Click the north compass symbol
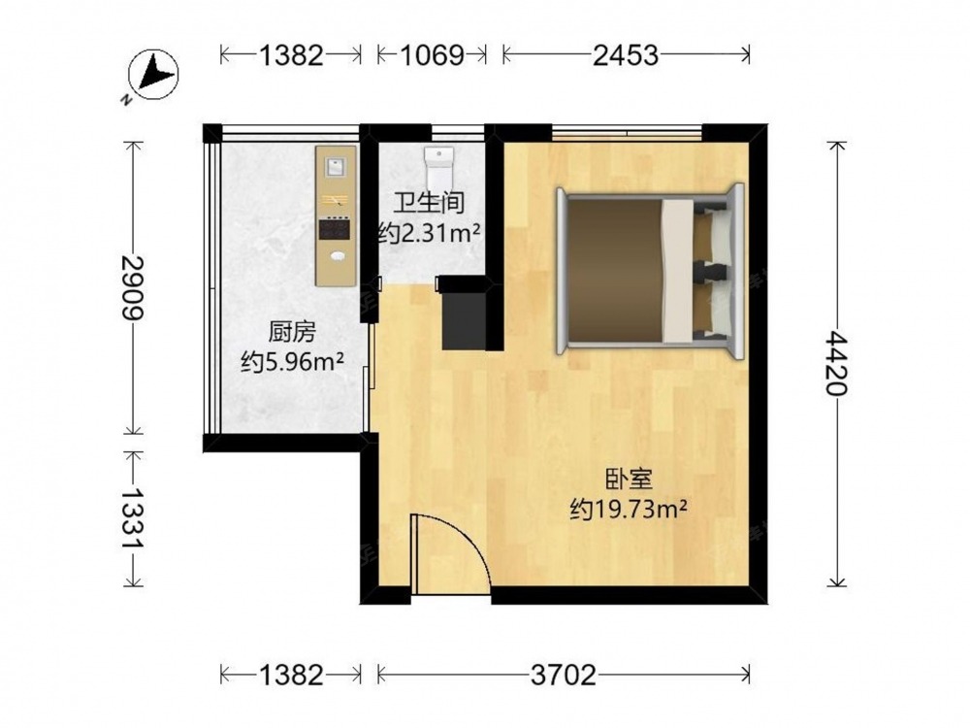pyautogui.click(x=153, y=75)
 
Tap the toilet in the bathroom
pyautogui.click(x=439, y=167)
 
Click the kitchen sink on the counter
pyautogui.click(x=336, y=166)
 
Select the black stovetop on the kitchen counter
pyautogui.click(x=336, y=229)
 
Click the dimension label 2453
pyautogui.click(x=626, y=55)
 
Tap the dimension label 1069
pyautogui.click(x=433, y=55)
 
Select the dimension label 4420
pyautogui.click(x=836, y=363)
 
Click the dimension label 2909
pyautogui.click(x=132, y=287)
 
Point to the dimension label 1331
pyautogui.click(x=132, y=517)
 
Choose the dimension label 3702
pyautogui.click(x=563, y=675)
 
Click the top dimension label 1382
pyautogui.click(x=291, y=55)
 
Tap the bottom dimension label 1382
pyautogui.click(x=291, y=675)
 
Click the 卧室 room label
pyautogui.click(x=629, y=479)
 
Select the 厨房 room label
pyautogui.click(x=292, y=332)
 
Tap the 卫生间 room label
pyautogui.click(x=430, y=203)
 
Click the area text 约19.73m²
pyautogui.click(x=629, y=510)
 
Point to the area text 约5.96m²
pyautogui.click(x=292, y=362)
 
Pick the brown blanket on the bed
pyautogui.click(x=615, y=270)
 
